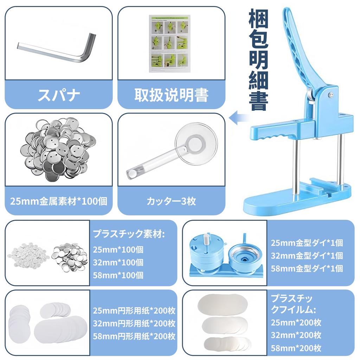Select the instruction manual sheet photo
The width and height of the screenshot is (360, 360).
(x=170, y=44)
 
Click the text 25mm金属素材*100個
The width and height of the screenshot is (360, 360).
(x=59, y=201)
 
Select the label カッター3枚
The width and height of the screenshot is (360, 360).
(x=171, y=201)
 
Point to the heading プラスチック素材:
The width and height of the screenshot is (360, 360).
(x=129, y=234)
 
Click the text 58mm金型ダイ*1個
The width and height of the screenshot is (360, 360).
(x=307, y=269)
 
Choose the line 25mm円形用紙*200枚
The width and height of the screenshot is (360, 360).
(x=134, y=311)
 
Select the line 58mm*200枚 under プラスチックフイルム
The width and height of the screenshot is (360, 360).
(x=296, y=348)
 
